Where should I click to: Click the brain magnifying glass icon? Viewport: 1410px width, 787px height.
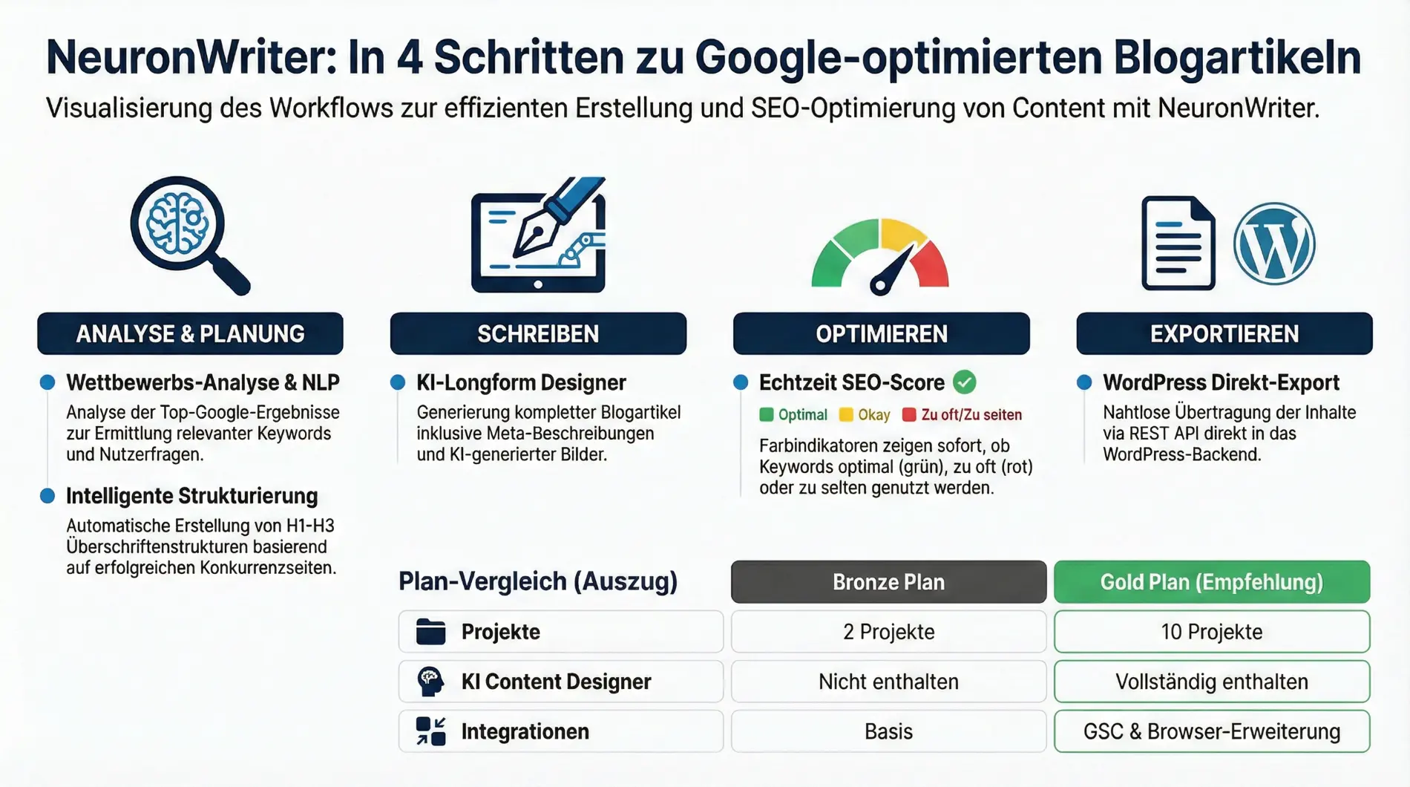tap(188, 234)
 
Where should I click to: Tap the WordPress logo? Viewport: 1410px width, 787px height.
tap(1274, 244)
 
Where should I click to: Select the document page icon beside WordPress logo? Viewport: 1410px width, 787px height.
tap(1178, 243)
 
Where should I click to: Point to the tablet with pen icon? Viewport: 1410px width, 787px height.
tap(538, 236)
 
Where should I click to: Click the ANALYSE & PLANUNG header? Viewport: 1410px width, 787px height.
tap(190, 334)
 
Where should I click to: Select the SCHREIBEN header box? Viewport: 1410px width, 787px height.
tap(538, 334)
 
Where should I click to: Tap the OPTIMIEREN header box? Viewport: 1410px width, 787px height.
tap(881, 334)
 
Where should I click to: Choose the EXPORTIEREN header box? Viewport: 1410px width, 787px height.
tap(1224, 334)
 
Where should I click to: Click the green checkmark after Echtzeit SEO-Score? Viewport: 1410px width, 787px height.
tap(964, 382)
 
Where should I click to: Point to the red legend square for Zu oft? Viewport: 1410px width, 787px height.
tap(909, 415)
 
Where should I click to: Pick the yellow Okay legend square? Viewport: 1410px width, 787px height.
tap(846, 415)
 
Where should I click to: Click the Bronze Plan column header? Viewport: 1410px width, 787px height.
tap(888, 582)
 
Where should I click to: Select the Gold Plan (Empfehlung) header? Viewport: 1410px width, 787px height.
tap(1211, 582)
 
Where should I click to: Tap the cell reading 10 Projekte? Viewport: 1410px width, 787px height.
tap(1211, 632)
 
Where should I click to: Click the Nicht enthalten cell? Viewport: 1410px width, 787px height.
tap(888, 682)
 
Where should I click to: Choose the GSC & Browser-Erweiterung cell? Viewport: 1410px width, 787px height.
tap(1211, 731)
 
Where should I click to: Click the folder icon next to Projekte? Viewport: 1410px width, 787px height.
tap(430, 632)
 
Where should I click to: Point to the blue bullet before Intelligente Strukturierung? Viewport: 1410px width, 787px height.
tap(47, 496)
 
